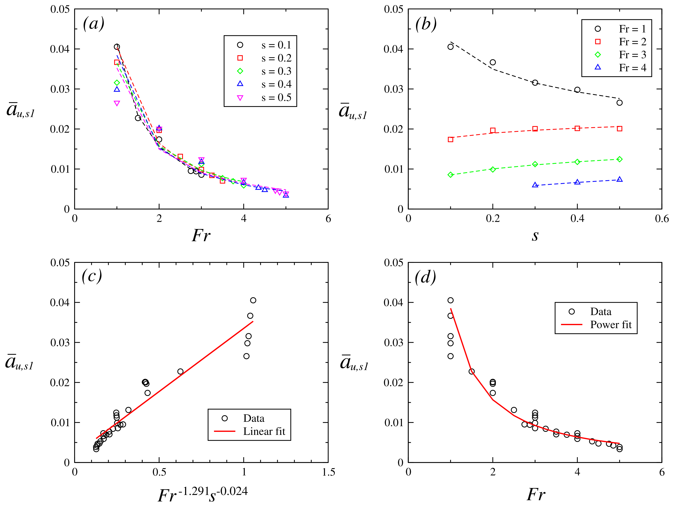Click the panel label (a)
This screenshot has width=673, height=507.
[x=94, y=23]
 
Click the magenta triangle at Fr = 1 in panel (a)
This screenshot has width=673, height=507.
[x=117, y=103]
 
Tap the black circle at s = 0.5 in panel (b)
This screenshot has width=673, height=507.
[x=619, y=103]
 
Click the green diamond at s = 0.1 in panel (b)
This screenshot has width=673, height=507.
[x=451, y=175]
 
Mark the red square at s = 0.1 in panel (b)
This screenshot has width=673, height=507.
[x=451, y=140]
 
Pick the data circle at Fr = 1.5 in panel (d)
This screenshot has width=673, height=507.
[x=472, y=371]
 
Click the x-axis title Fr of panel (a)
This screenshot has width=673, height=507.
[x=201, y=236]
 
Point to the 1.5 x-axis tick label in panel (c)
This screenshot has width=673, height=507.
[x=328, y=472]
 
